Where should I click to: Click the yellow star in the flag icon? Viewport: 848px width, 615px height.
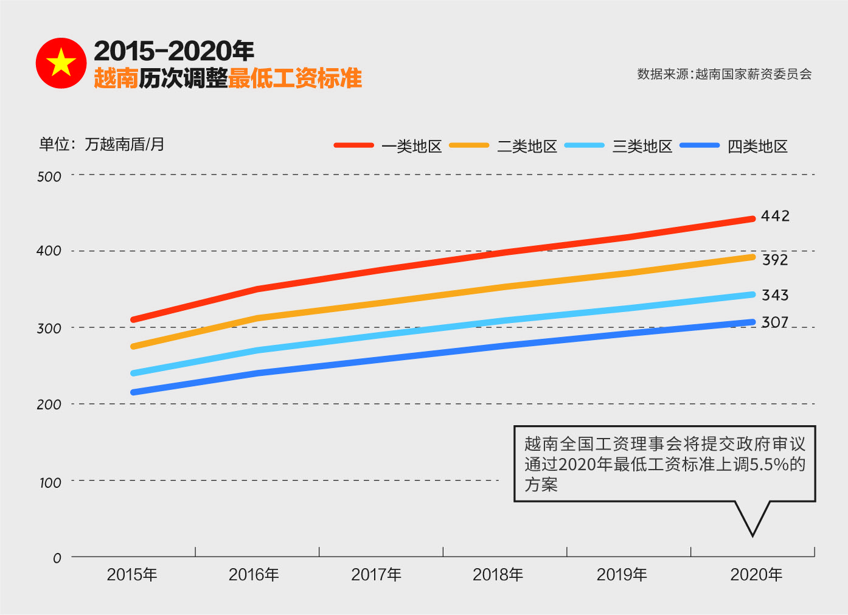click(61, 63)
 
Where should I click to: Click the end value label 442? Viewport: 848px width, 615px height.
click(775, 216)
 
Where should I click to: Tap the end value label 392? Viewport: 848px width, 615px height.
click(775, 260)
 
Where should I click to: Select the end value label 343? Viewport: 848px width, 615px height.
click(775, 295)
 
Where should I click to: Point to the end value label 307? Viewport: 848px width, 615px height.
click(775, 322)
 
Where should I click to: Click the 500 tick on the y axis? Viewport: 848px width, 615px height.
click(49, 177)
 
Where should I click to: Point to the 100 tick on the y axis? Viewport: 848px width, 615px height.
click(50, 483)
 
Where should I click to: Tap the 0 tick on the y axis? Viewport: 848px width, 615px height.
click(57, 558)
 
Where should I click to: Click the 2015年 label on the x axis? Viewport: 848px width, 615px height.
click(132, 574)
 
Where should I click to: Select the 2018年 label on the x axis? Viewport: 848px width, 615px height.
click(498, 574)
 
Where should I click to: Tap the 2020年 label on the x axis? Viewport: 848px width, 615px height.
click(756, 574)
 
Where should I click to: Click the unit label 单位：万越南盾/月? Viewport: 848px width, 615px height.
click(102, 144)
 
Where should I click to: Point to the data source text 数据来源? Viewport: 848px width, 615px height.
click(724, 74)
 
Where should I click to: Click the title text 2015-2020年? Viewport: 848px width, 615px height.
click(174, 51)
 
